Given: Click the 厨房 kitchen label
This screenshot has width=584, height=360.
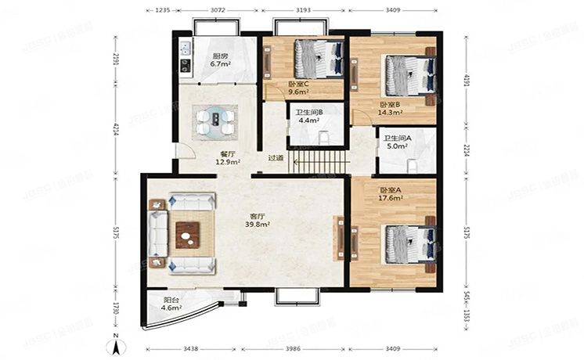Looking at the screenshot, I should pyautogui.click(x=220, y=56).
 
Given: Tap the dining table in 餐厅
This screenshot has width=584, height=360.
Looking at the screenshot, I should pyautogui.click(x=214, y=121).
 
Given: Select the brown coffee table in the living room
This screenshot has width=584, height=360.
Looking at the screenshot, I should pyautogui.click(x=187, y=232).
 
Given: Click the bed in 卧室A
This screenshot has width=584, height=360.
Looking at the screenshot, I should pyautogui.click(x=407, y=244).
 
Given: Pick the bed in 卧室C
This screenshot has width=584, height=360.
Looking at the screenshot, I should pyautogui.click(x=318, y=58).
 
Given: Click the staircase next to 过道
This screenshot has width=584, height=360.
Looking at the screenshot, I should pyautogui.click(x=317, y=163).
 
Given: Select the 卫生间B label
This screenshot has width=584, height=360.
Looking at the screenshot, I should pyautogui.click(x=308, y=113).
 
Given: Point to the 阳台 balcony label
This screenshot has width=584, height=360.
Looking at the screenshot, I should pyautogui.click(x=171, y=299).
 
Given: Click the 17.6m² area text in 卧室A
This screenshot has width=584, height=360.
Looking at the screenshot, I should pyautogui.click(x=390, y=198).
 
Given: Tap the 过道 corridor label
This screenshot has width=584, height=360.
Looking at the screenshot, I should pyautogui.click(x=276, y=158).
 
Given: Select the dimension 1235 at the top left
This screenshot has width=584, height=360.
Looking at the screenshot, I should pyautogui.click(x=162, y=11).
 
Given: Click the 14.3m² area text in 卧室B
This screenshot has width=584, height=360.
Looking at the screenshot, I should pyautogui.click(x=389, y=113).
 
